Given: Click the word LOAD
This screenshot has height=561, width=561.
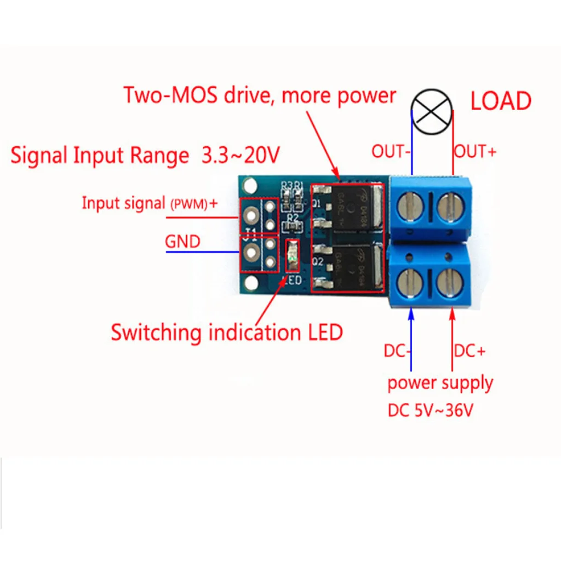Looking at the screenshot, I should (x=501, y=101).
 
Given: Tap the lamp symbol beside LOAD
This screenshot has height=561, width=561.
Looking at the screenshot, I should (x=432, y=111).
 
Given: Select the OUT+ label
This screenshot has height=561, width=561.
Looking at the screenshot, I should (x=476, y=152).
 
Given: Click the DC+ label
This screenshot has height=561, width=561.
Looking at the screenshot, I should (x=470, y=351).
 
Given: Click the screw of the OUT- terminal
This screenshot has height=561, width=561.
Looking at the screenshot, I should (x=411, y=208).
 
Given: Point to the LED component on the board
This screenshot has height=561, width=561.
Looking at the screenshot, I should (x=293, y=257).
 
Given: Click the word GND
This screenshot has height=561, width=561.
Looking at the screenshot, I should (x=182, y=241).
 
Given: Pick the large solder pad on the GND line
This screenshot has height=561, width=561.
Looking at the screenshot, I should (x=252, y=253).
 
